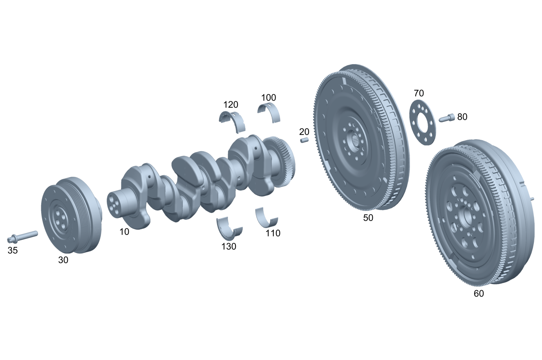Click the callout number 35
[13, 250]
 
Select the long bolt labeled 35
[22, 236]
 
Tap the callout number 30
[63, 260]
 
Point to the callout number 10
[124, 232]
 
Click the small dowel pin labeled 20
[305, 140]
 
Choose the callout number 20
[304, 132]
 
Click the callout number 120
[231, 105]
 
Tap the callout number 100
[269, 98]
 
